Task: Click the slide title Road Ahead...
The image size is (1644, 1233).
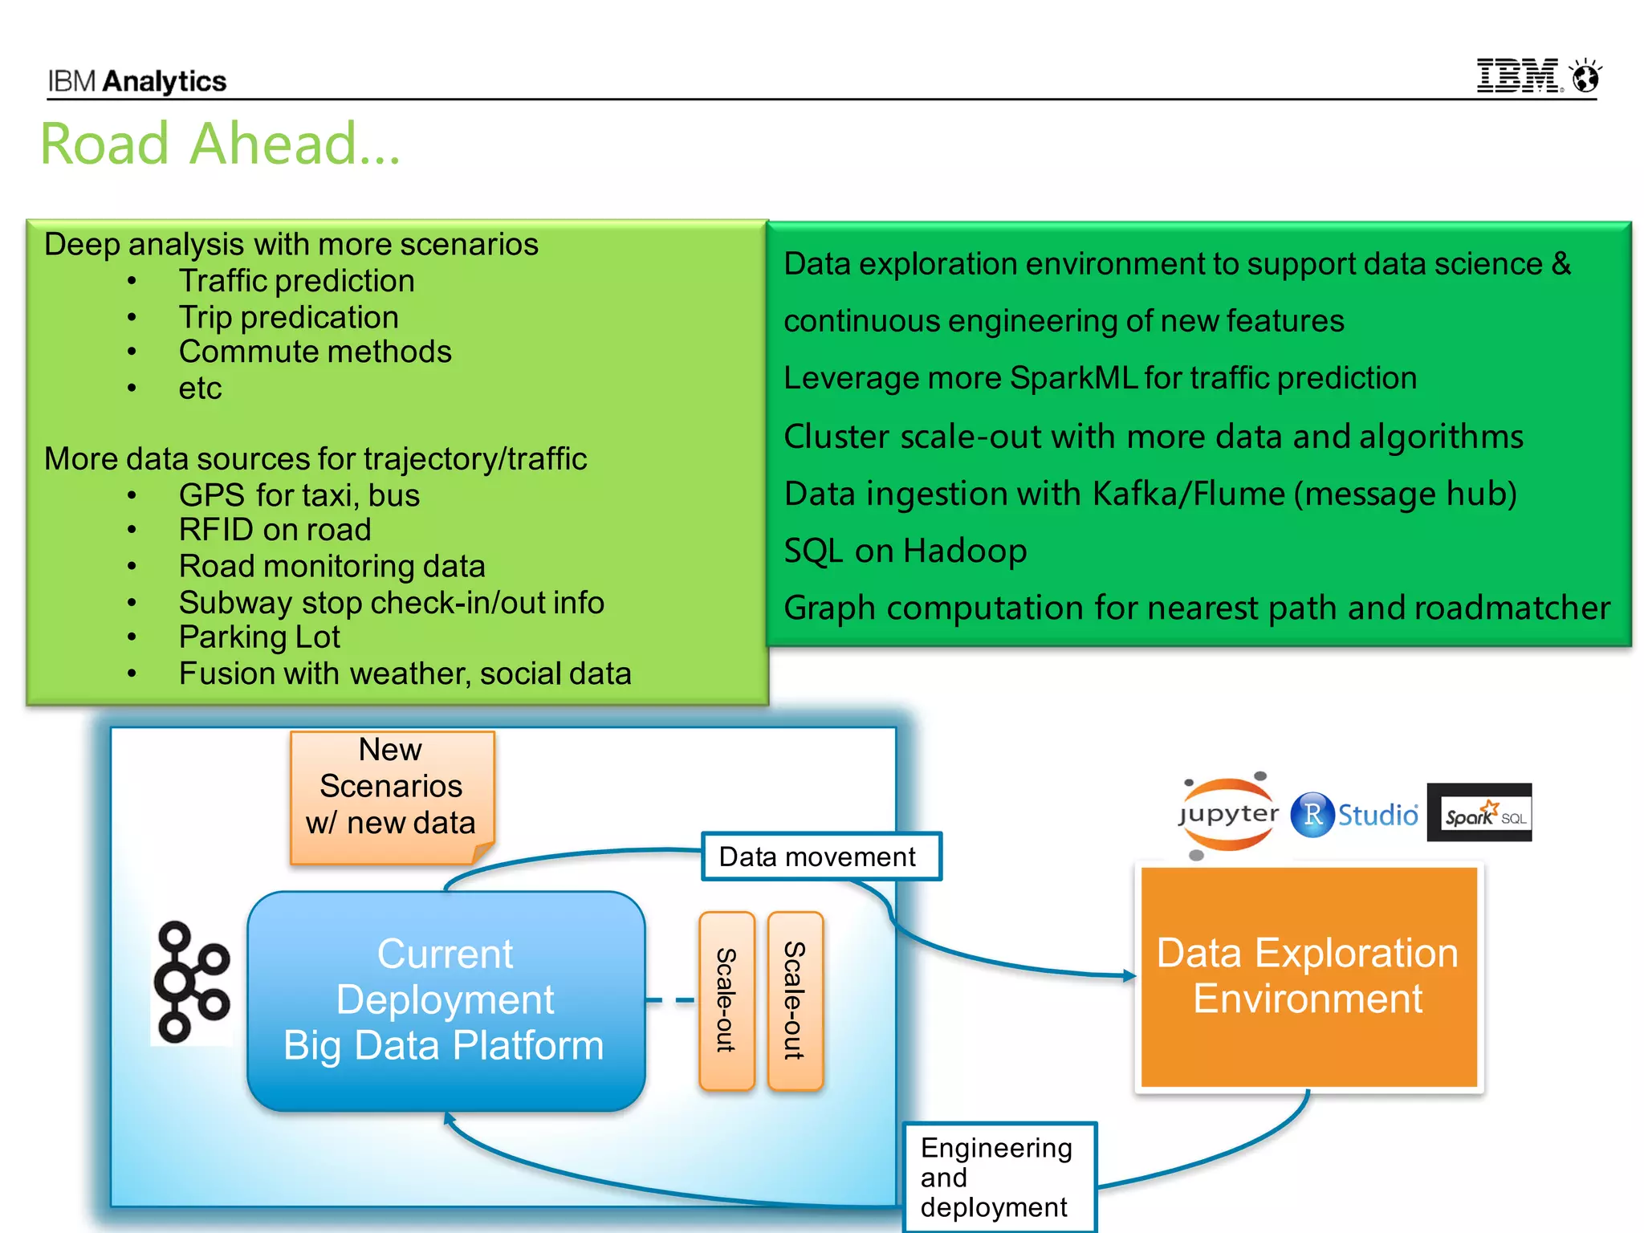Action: [220, 144]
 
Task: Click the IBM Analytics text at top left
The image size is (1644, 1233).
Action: [137, 81]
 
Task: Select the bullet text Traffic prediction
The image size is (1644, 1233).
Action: [296, 281]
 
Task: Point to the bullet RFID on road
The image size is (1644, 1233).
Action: [275, 530]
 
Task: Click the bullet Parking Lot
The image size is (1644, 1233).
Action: [259, 637]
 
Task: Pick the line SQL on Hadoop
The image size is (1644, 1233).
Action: [905, 551]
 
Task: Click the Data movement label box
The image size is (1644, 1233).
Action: [820, 857]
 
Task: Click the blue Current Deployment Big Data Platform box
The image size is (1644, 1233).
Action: [446, 1000]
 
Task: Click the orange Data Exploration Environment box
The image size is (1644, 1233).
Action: [1308, 977]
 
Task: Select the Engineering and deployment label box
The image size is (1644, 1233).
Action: [998, 1177]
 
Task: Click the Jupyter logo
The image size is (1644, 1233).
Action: [1227, 815]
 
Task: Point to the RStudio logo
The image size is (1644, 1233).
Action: [1354, 815]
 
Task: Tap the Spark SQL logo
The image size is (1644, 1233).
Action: [1479, 813]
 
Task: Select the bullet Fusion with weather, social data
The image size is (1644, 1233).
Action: [405, 673]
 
